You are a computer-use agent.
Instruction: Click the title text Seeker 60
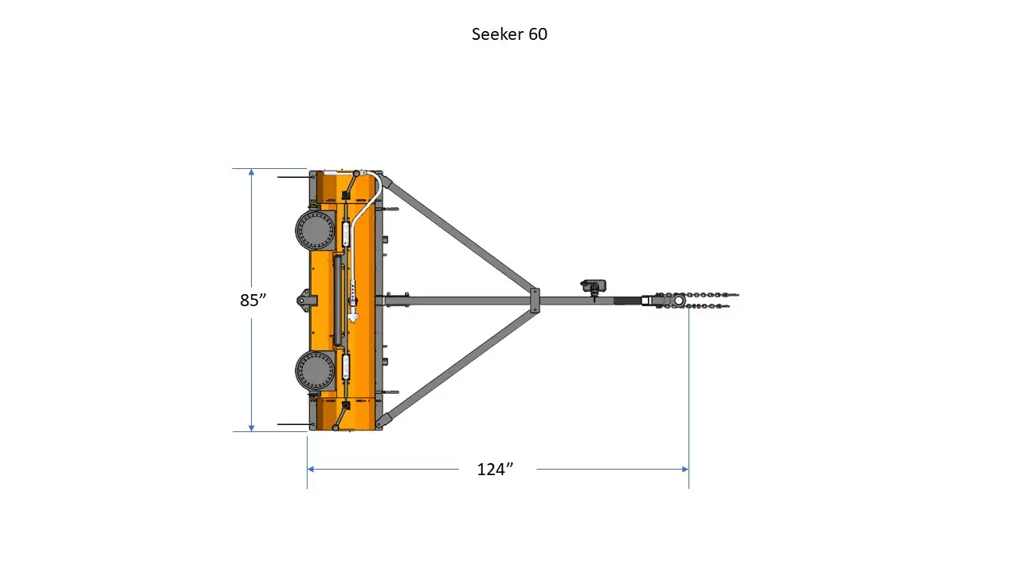(x=509, y=34)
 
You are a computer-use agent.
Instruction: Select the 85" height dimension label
(x=253, y=301)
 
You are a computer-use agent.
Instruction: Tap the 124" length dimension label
(x=494, y=470)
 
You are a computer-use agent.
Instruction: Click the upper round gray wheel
(x=315, y=231)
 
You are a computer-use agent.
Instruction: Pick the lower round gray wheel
(x=315, y=371)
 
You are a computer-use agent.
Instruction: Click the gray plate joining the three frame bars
(x=535, y=300)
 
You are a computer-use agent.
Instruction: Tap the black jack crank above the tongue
(x=594, y=285)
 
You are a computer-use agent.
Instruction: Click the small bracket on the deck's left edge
(x=305, y=300)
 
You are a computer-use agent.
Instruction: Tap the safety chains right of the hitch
(x=713, y=300)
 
